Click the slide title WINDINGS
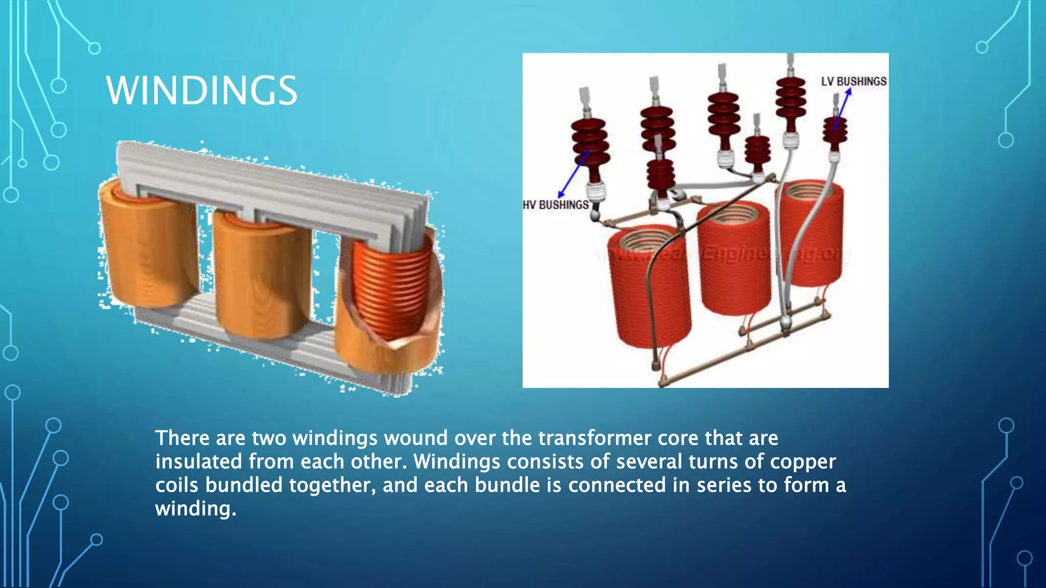(x=202, y=90)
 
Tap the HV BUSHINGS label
(x=556, y=205)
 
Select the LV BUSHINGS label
(x=853, y=82)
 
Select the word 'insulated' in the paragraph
(x=199, y=461)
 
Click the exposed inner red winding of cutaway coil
(x=391, y=291)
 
